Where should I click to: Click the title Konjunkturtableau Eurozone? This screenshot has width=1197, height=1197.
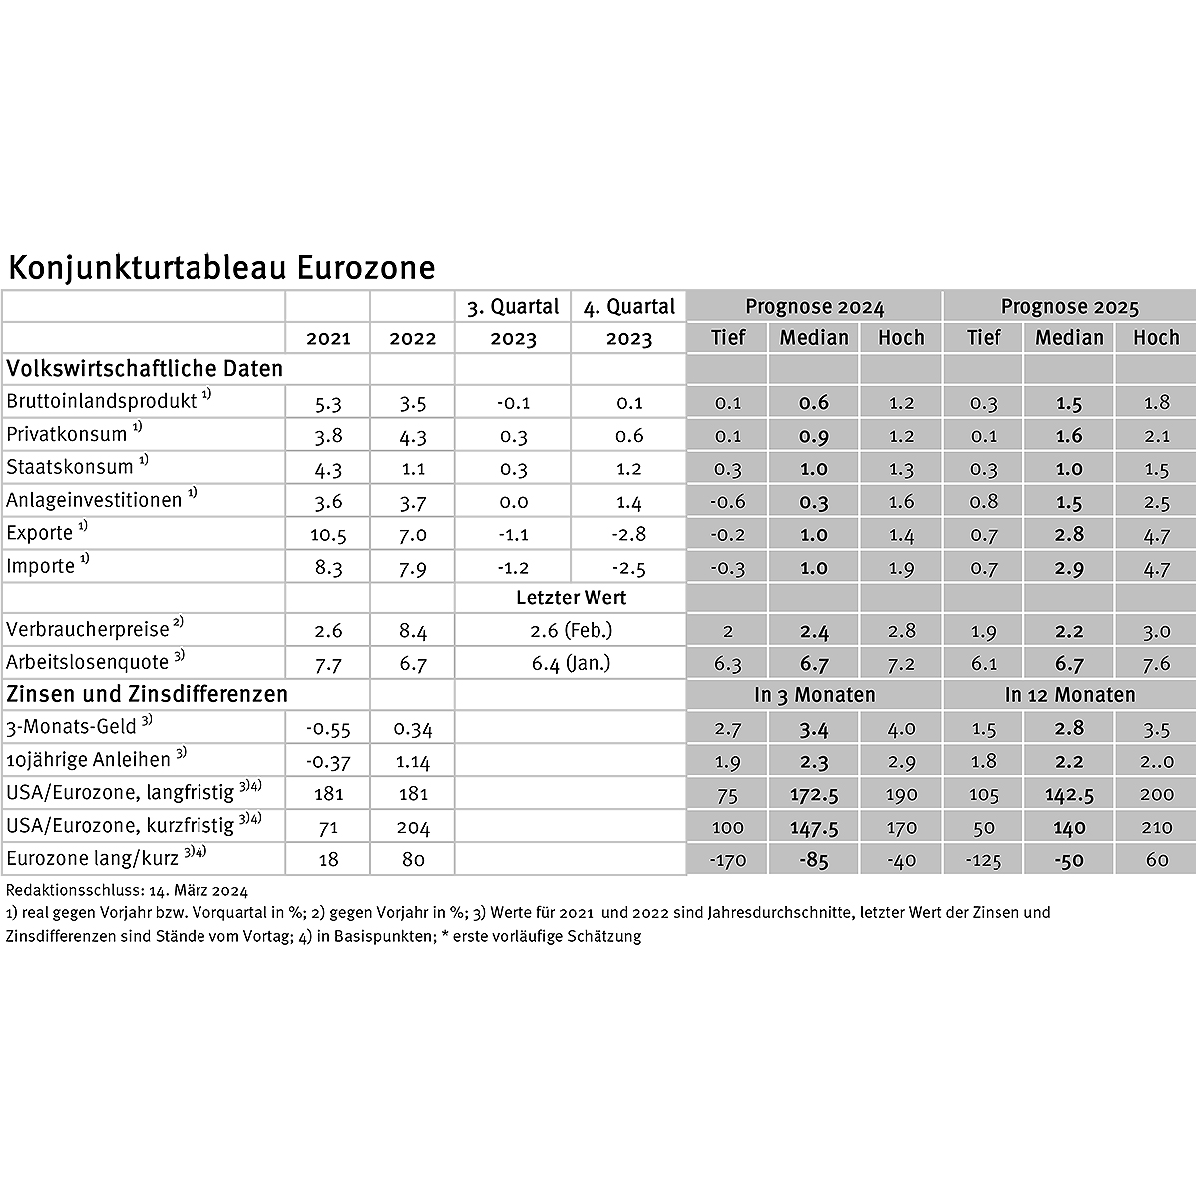click(220, 268)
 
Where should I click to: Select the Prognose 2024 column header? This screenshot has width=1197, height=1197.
click(814, 307)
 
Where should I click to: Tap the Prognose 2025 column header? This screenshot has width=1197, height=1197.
click(1069, 307)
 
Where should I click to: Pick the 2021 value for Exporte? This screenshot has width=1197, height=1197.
click(328, 534)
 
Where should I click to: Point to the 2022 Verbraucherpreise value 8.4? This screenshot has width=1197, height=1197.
click(412, 630)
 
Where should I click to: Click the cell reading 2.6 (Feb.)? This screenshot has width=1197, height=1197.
click(571, 630)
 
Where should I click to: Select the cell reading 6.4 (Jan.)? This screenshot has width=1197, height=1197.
click(571, 663)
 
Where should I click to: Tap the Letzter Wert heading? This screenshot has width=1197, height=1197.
click(571, 598)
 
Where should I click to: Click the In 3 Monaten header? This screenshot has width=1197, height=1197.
click(814, 695)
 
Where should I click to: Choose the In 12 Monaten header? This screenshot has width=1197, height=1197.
click(1069, 695)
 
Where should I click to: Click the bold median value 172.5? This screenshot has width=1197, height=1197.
click(814, 793)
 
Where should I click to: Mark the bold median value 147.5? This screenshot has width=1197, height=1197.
click(814, 826)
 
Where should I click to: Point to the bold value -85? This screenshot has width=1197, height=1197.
click(814, 859)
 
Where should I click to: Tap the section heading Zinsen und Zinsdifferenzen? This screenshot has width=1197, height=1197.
click(147, 694)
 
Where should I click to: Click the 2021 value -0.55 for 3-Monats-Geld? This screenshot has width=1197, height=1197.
click(328, 728)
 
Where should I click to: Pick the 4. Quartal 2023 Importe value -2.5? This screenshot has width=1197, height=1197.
click(627, 568)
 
